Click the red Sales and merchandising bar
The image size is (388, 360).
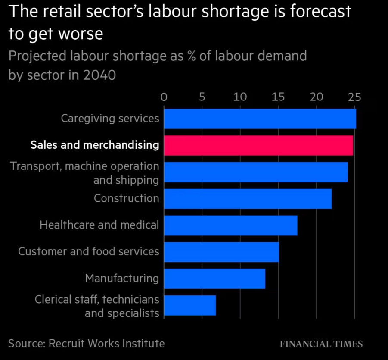point(258,145)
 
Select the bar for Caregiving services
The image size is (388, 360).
point(260,119)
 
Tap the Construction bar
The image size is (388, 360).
point(248,198)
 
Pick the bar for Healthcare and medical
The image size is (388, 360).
point(230,225)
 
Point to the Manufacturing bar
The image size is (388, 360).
point(214,279)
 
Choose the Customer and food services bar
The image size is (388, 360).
point(221,252)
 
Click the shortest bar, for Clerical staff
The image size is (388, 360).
point(190,305)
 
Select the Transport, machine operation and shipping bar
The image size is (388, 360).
point(255,172)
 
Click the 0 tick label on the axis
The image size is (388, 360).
point(164,97)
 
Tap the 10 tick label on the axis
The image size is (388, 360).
point(240,97)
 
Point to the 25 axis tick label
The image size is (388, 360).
point(354,97)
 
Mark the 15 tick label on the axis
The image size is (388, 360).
point(278,97)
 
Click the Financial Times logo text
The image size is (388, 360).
point(321,344)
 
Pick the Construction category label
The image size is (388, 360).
point(127,198)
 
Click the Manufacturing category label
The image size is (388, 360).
point(122,278)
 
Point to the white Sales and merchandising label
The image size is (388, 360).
point(95,145)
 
